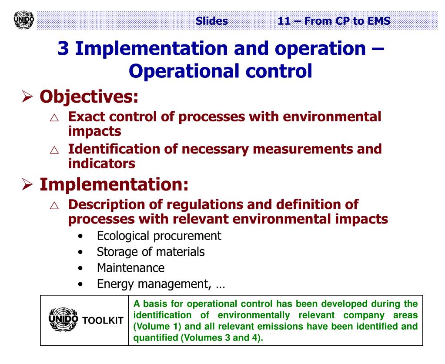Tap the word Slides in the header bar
tap(212, 20)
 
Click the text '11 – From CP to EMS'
tap(334, 20)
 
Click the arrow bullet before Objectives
tap(27, 97)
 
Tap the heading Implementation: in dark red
tap(114, 184)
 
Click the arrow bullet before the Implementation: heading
tap(27, 185)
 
